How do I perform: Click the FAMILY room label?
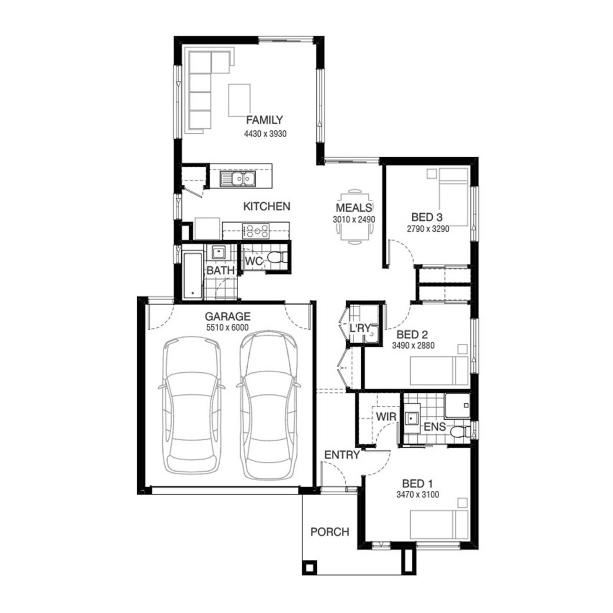coord(264,120)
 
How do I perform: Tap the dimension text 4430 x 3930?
coord(265,134)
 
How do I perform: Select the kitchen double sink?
coord(237,179)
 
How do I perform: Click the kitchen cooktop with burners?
coord(256,231)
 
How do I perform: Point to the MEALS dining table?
coord(354,217)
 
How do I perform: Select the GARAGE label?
coord(228,316)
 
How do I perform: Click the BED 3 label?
coord(427,217)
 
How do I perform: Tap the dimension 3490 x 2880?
coord(413,346)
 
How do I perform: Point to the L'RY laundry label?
coord(360,328)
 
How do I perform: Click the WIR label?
coord(386,417)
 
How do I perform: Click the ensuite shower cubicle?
coord(457,406)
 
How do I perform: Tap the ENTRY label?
coord(342,454)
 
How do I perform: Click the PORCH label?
coord(330,532)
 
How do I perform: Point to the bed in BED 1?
coord(439,524)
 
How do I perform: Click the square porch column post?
coord(309,567)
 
